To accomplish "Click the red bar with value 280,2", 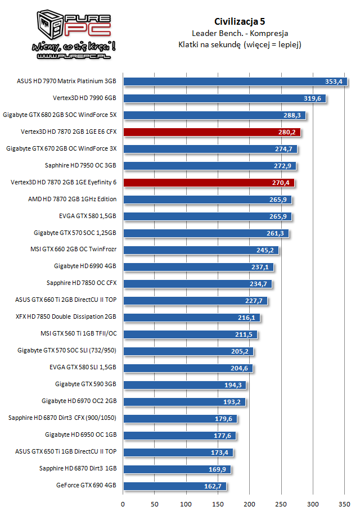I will point(212,132).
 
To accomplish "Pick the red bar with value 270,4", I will point(209,183).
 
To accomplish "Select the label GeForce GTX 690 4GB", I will point(86,486).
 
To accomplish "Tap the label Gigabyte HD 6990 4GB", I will point(85,266).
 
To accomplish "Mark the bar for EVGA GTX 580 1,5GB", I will point(207,216).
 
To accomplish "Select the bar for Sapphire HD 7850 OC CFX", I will point(197,284).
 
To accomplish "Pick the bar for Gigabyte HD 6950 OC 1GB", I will point(179,436).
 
